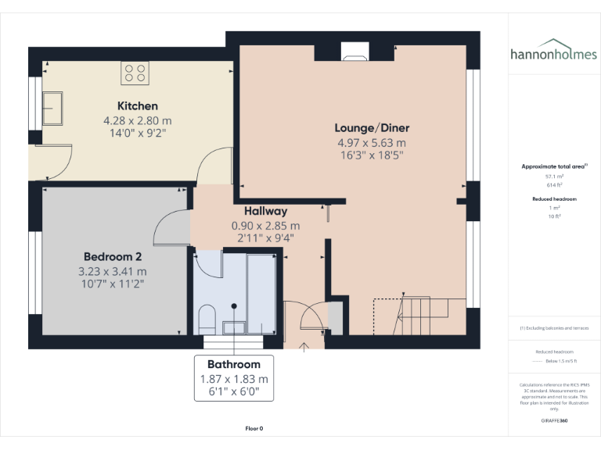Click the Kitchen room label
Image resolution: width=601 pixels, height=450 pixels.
[138, 105]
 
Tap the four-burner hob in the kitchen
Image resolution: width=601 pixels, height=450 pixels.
[135, 73]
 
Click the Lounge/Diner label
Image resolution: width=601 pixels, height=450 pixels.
[372, 128]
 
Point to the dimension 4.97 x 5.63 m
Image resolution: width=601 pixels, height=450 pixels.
[372, 143]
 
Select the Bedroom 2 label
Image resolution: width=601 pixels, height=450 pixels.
[112, 256]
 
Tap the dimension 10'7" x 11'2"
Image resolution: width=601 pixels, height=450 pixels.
[112, 284]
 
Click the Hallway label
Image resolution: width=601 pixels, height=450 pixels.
[265, 211]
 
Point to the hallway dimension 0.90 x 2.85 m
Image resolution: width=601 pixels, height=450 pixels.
[265, 226]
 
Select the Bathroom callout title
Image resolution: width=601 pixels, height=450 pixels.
[234, 364]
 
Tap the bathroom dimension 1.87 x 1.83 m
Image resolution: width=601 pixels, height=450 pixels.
[234, 379]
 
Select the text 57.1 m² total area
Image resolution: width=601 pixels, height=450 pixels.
[554, 177]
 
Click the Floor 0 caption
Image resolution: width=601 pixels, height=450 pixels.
[254, 428]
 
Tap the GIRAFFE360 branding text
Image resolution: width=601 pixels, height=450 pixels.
[554, 420]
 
